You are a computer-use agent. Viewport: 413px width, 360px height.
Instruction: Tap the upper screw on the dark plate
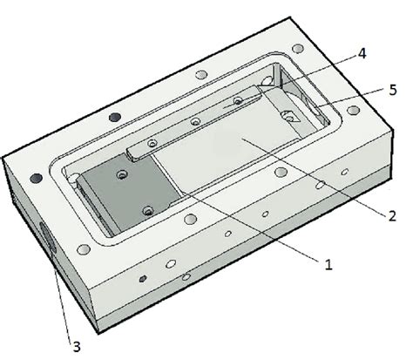click(123, 176)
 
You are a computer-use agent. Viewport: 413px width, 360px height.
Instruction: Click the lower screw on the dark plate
click(147, 210)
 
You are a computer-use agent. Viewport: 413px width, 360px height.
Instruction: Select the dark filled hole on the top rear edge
click(112, 115)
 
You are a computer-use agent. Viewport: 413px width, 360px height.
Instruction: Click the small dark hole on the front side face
click(143, 281)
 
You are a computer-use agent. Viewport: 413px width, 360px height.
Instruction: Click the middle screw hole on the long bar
click(195, 121)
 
